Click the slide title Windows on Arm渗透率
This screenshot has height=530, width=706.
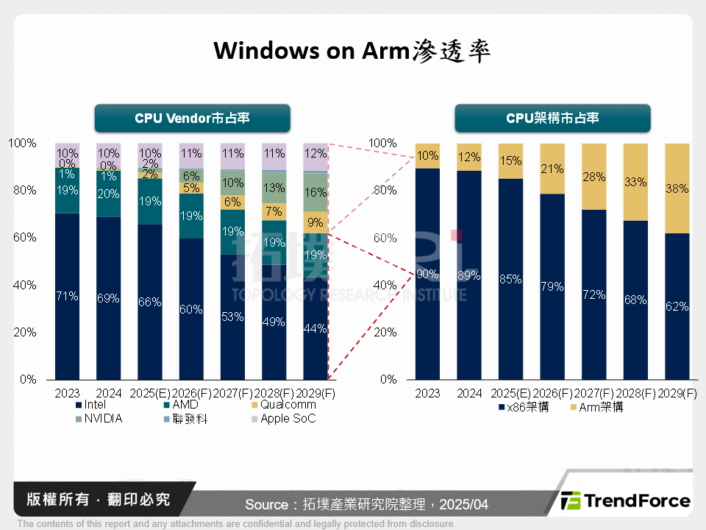(352, 51)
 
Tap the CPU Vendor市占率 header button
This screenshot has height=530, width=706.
(192, 119)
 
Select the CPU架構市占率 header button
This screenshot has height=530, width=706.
(552, 119)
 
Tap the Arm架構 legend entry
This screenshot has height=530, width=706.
(596, 407)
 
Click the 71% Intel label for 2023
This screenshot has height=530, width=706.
(67, 297)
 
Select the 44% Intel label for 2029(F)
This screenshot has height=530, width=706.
(315, 329)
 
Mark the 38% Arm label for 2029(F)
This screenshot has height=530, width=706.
(677, 188)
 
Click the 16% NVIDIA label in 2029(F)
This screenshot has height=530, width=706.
(315, 192)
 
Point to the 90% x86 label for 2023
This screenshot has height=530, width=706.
(427, 275)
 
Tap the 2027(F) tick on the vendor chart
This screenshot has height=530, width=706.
(232, 394)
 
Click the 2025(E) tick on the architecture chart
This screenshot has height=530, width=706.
(510, 394)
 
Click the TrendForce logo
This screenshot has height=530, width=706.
(626, 501)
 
